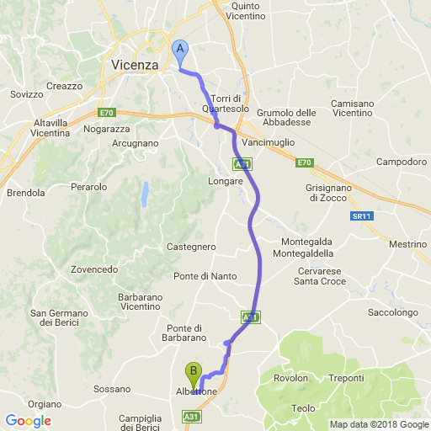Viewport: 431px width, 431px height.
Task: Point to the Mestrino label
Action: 408,244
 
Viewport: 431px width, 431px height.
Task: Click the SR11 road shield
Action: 362,216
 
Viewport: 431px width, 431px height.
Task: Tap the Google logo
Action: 28,421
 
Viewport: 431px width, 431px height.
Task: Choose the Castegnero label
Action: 192,247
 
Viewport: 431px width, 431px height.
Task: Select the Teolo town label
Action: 303,408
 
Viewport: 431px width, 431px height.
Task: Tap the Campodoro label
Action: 401,161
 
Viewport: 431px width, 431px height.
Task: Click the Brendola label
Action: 25,193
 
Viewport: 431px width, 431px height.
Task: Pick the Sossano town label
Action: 112,389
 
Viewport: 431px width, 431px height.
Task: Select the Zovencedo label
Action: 94,269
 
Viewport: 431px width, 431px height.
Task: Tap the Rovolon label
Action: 291,378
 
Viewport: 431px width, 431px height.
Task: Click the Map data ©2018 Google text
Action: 378,424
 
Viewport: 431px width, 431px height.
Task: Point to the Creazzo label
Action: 65,86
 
